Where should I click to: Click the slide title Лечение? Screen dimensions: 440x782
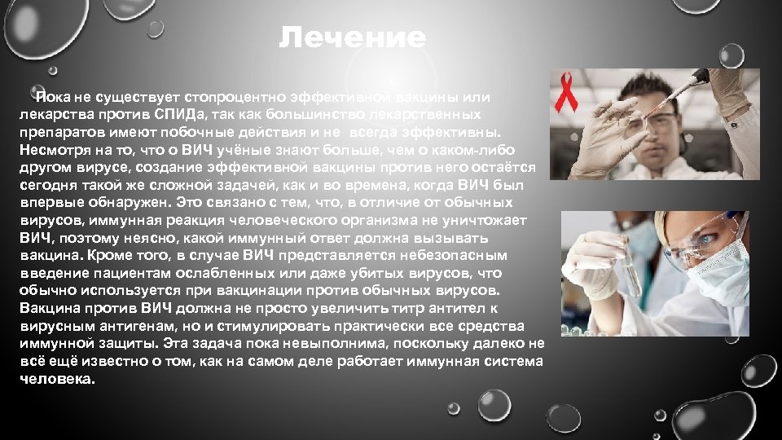[352, 38]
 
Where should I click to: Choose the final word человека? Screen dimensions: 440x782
[56, 380]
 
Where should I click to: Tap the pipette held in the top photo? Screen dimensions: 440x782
[684, 88]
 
